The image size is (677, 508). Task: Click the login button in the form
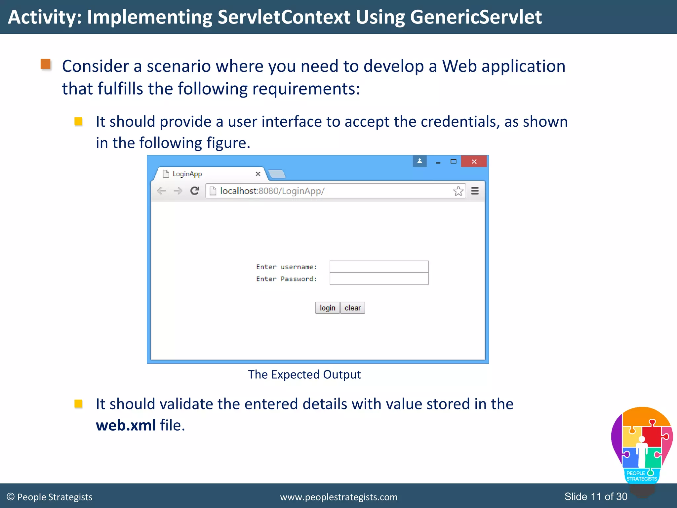(x=327, y=308)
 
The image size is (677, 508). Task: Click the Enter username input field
(x=379, y=267)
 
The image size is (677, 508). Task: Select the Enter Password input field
(x=379, y=279)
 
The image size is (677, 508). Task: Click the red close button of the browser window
(x=474, y=161)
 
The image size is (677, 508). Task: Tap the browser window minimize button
(x=438, y=162)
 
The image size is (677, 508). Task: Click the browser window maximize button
(x=453, y=161)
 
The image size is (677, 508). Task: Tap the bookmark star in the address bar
(x=458, y=191)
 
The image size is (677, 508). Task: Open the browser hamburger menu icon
(x=475, y=191)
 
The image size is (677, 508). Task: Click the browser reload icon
(x=195, y=191)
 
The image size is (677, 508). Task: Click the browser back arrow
(x=161, y=191)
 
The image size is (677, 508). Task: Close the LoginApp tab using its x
(x=258, y=174)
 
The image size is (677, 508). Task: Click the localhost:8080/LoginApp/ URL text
(x=272, y=191)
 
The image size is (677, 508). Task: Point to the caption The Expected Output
(x=304, y=375)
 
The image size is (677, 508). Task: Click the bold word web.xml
(x=126, y=425)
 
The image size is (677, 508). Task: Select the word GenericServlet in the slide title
(x=476, y=17)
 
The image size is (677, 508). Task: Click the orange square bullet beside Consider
(x=46, y=64)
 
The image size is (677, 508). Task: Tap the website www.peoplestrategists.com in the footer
(x=338, y=497)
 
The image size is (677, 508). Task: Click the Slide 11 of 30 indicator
(x=596, y=496)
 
